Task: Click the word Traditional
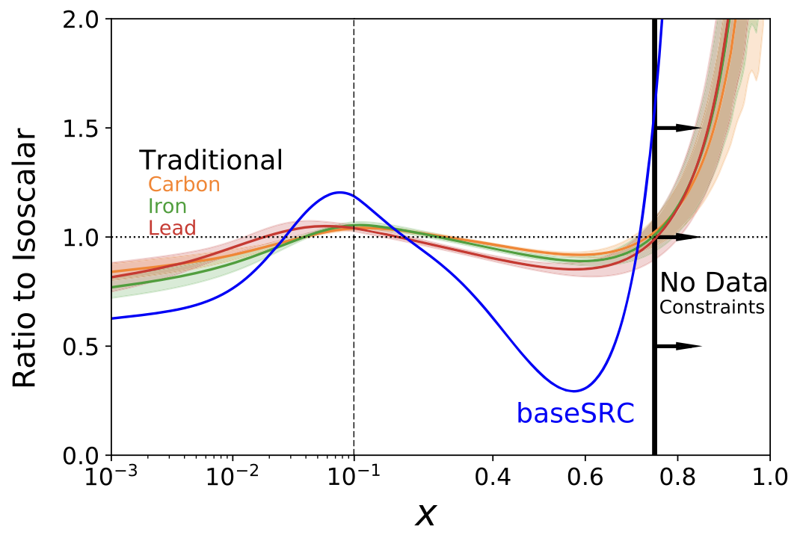[211, 160]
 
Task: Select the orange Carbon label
[184, 185]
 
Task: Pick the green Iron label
[167, 206]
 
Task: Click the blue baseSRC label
[575, 412]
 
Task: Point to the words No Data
[713, 283]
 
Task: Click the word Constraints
[712, 306]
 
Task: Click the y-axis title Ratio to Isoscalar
[25, 259]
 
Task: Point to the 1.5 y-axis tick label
[83, 128]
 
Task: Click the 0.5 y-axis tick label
[83, 346]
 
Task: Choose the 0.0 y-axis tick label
[83, 455]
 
